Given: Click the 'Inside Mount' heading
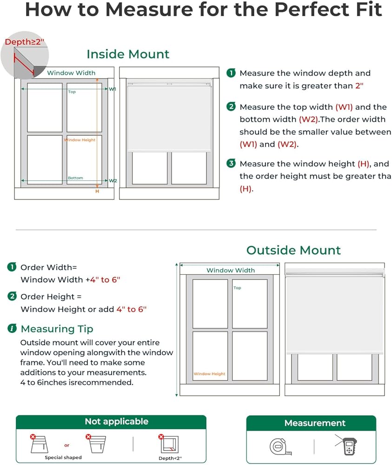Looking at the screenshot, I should [128, 54].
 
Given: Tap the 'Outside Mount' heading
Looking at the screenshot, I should [293, 250].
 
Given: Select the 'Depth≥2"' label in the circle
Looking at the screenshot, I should [24, 42].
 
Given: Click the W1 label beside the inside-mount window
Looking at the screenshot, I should [113, 89].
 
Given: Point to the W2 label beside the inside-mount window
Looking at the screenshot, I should [113, 180].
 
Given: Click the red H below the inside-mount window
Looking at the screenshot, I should [97, 191].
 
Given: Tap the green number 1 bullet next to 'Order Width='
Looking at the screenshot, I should [12, 267].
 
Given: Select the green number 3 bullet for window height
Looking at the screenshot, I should [231, 164].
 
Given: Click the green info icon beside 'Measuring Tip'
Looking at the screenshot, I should [12, 329].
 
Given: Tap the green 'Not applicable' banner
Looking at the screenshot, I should [116, 422].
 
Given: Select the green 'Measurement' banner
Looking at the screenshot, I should [315, 423].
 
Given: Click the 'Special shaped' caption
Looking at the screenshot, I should [63, 458].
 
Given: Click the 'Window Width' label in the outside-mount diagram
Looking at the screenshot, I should [231, 270].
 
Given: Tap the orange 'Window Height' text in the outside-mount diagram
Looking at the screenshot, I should [209, 374].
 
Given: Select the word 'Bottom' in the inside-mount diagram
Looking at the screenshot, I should [75, 178].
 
